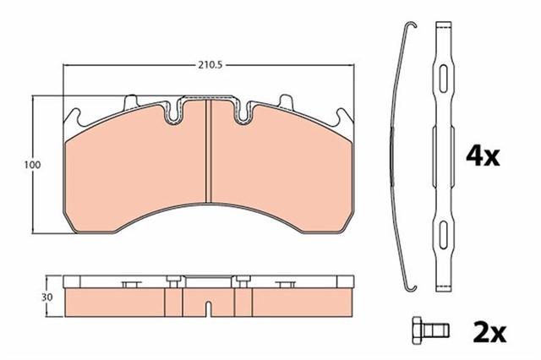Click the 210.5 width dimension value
[208, 63]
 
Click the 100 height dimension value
[32, 166]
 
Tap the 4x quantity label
[484, 155]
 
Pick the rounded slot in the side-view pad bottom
[208, 301]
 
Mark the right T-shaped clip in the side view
[290, 285]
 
